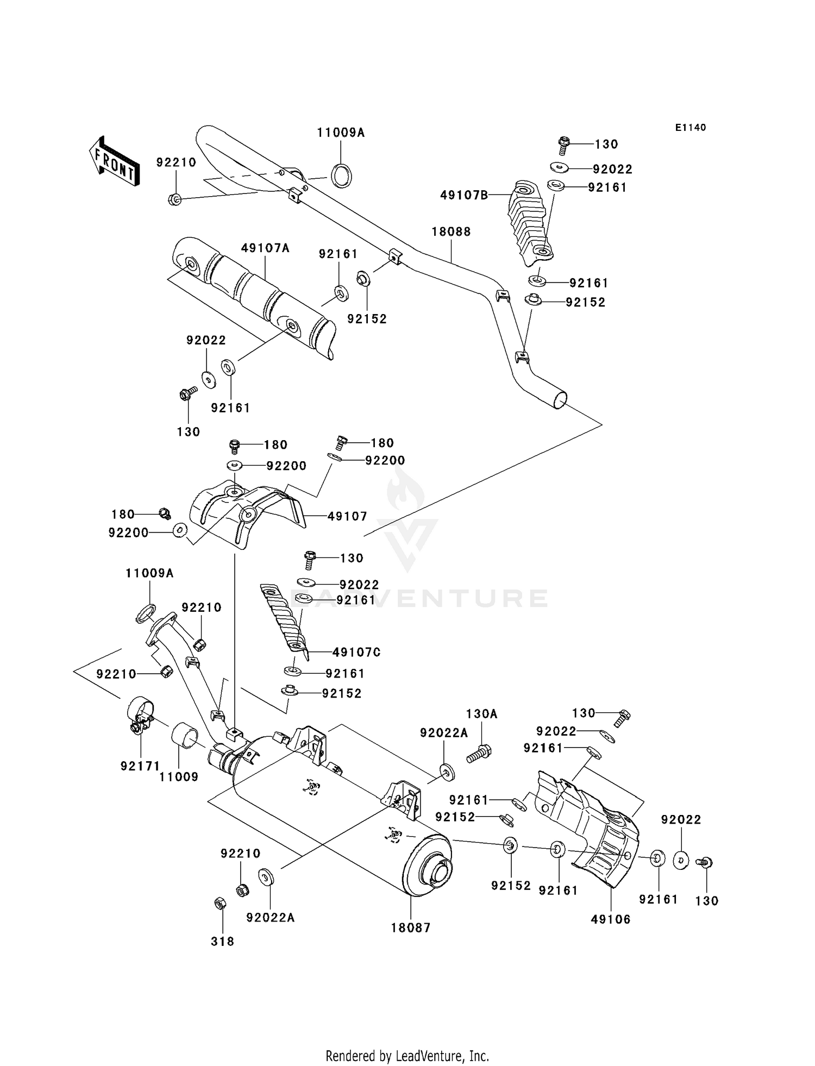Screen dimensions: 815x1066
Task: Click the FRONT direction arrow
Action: coord(114,161)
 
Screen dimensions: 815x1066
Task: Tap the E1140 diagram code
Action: coord(691,128)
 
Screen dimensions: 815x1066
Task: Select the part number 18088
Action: coord(451,231)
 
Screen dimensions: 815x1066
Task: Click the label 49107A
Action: coord(265,248)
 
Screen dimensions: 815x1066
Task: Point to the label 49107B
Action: coord(464,195)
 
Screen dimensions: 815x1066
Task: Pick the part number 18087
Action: coord(411,927)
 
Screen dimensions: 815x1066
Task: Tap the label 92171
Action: coord(140,766)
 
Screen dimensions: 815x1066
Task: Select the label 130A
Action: coord(482,713)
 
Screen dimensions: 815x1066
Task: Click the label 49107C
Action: coord(356,652)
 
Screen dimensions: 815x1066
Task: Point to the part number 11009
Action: coord(179,777)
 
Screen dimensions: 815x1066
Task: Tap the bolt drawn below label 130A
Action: coord(479,753)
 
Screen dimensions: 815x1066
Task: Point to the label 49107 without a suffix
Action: coord(347,516)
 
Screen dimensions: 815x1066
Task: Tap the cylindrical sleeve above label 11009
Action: coord(185,736)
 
